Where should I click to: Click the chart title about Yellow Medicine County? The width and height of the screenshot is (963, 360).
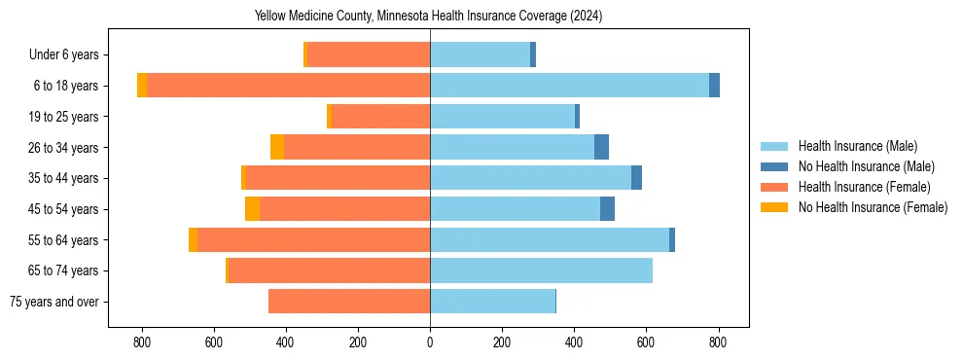[429, 16]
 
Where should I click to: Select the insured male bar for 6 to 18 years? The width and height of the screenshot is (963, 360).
[569, 86]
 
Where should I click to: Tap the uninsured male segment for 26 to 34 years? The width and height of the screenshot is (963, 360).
[601, 147]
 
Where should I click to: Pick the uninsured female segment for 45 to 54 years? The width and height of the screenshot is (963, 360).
[252, 209]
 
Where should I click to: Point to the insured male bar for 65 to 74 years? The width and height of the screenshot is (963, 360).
[541, 270]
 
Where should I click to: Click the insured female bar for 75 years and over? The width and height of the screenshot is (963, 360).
[349, 302]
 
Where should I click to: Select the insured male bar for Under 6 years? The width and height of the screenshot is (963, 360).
[480, 54]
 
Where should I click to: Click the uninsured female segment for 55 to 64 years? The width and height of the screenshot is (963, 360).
[193, 239]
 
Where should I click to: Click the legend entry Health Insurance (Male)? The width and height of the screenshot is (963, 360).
[857, 146]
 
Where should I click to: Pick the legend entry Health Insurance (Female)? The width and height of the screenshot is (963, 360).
[864, 187]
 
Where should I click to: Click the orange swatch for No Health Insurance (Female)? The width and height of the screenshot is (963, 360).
[774, 207]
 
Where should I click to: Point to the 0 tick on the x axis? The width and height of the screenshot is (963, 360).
[430, 342]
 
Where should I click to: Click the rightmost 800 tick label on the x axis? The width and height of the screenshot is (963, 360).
[718, 342]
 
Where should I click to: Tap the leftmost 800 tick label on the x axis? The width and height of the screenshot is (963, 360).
[142, 342]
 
